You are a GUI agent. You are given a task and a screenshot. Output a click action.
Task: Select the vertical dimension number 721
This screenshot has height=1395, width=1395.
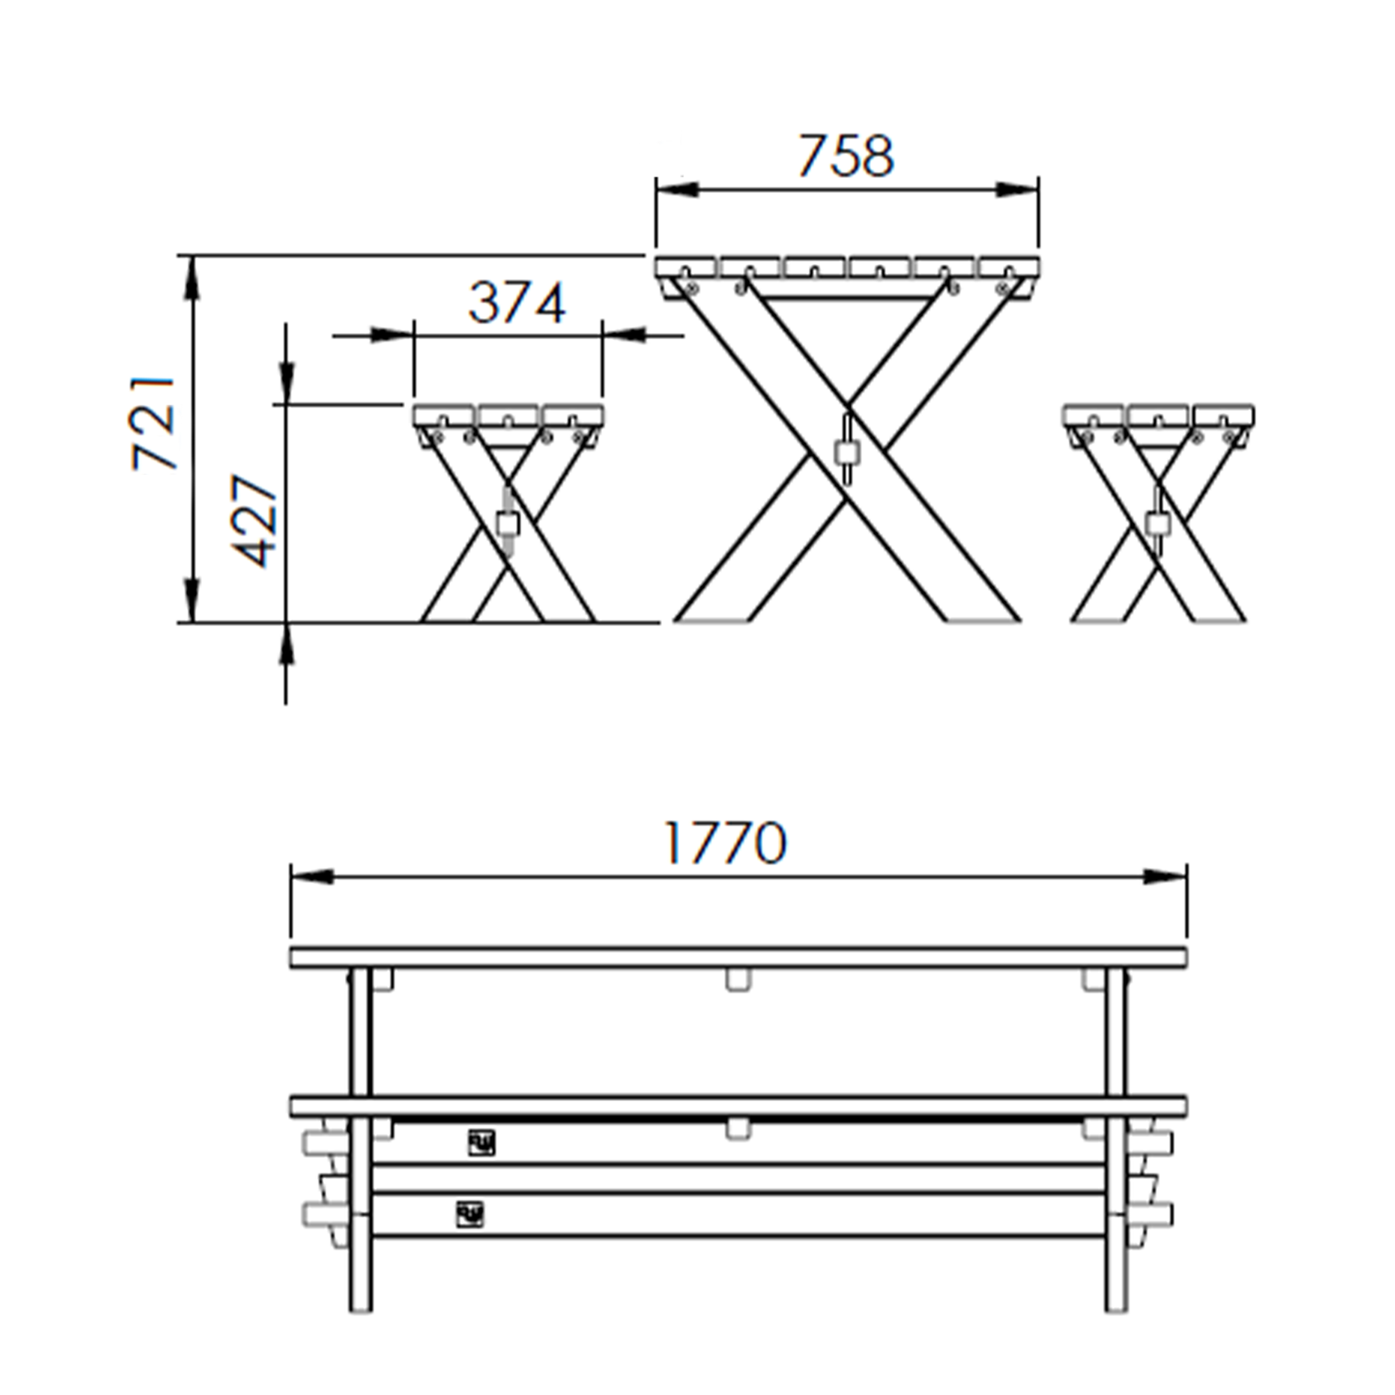(154, 424)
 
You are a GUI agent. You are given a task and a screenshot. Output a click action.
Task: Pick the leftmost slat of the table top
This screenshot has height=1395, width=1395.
(686, 267)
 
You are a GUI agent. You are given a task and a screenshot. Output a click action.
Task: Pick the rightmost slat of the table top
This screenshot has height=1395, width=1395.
(1010, 267)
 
